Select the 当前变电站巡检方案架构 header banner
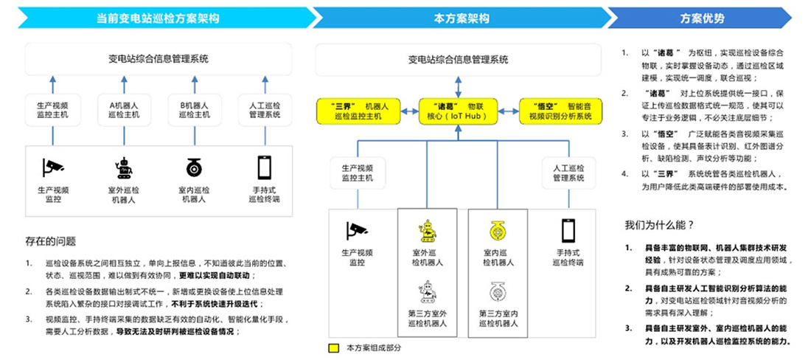click(x=159, y=18)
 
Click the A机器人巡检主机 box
click(x=119, y=110)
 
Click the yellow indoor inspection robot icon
click(x=498, y=230)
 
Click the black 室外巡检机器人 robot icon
click(x=124, y=168)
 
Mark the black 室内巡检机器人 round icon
click(x=195, y=168)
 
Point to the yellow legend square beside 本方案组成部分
click(x=334, y=346)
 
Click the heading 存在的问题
click(x=50, y=241)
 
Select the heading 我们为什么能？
click(x=658, y=224)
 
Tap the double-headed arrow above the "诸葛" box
click(x=458, y=86)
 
